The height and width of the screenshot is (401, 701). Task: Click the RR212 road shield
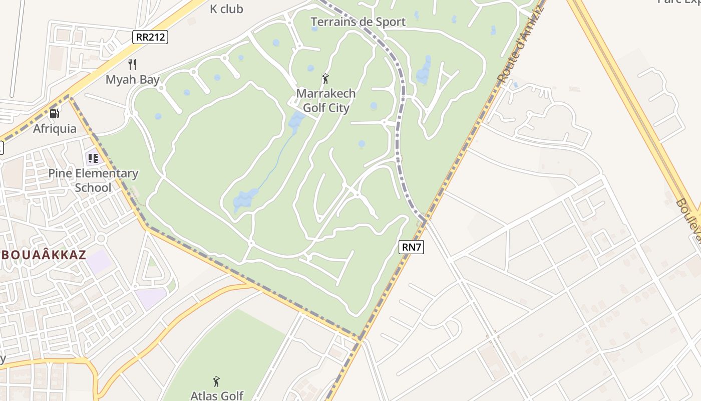[150, 37]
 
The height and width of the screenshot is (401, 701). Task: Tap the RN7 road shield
[412, 247]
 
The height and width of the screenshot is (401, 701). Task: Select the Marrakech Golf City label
[326, 100]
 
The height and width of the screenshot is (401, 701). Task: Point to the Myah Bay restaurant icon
[132, 64]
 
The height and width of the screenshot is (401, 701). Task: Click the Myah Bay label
[132, 79]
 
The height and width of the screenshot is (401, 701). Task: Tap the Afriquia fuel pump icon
[55, 114]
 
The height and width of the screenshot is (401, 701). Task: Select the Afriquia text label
[55, 128]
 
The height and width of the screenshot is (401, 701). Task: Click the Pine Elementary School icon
[93, 158]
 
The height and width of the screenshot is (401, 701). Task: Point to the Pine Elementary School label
[93, 180]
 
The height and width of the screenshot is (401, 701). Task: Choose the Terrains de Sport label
[358, 22]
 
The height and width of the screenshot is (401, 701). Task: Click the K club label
[226, 9]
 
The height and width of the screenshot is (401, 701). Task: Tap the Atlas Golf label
[217, 395]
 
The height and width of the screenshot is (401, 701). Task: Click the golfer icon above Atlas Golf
[216, 381]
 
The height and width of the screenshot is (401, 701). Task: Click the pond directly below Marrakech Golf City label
[297, 121]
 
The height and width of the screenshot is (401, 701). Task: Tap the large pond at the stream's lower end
[245, 199]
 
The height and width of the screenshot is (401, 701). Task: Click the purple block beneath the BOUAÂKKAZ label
[100, 262]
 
